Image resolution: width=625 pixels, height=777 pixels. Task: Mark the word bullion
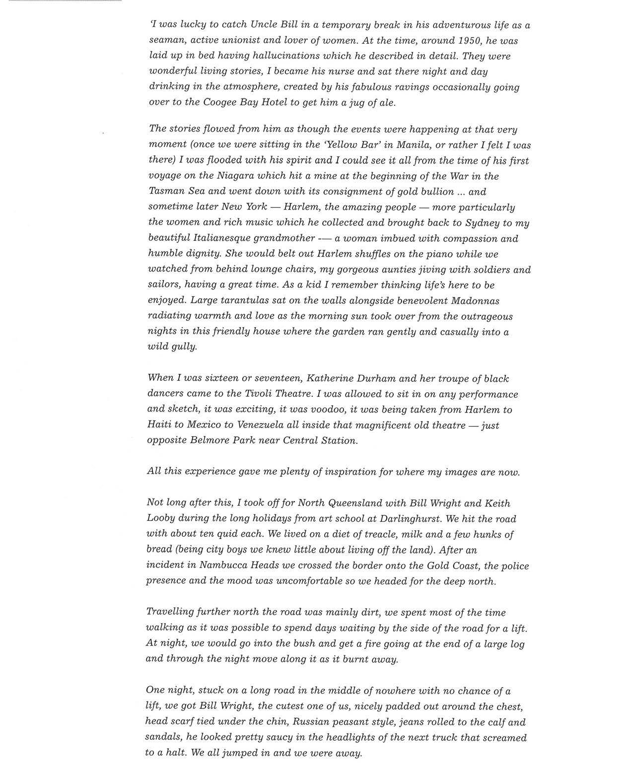tap(435, 191)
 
